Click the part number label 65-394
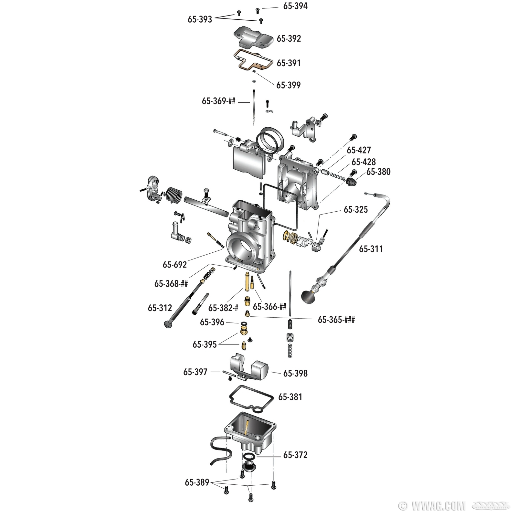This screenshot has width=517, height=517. pos(295,6)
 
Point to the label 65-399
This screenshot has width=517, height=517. pos(288,85)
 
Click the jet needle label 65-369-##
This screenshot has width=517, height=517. pos(219,101)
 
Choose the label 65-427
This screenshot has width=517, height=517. pos(359,150)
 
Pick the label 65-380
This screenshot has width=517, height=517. pos(378,172)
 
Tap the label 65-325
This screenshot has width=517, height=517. pos(356,210)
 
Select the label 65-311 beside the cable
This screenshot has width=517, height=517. pos(371,249)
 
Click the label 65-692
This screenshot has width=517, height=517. pos(175,265)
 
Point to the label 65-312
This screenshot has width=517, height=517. pos(160,308)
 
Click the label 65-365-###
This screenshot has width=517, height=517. pos(336,320)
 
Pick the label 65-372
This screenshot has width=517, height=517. pos(295,455)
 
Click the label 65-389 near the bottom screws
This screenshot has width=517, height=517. pos(197,482)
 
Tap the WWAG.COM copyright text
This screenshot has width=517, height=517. pos(431,506)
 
